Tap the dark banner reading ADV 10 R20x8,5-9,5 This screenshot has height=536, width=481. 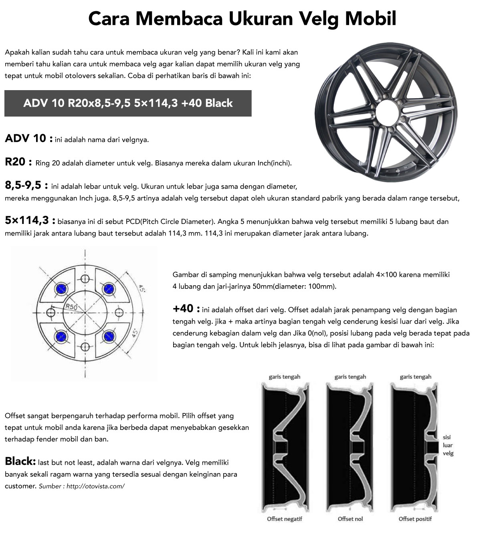coord(128,103)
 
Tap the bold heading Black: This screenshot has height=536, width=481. coord(20,461)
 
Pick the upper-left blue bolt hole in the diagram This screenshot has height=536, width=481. coord(61,288)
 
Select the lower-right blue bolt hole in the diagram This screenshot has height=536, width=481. coord(108,336)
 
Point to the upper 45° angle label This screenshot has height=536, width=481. coord(141,288)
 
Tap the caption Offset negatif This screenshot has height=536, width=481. coord(285,519)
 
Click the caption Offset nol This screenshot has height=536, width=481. coord(350,519)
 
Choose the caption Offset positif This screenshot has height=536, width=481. coord(415,519)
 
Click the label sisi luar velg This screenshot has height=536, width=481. coord(448,445)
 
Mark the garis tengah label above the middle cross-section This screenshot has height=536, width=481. coord(350,377)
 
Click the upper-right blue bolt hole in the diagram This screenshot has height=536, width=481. coord(108,288)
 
